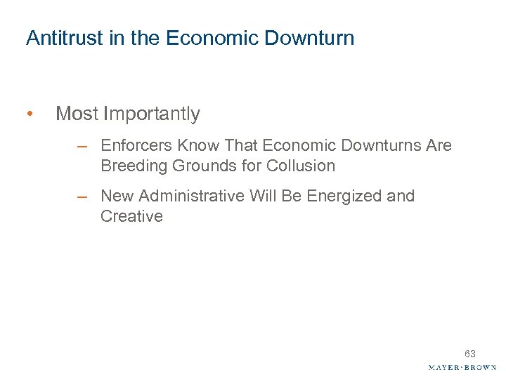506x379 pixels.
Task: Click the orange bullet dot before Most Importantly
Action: point(29,114)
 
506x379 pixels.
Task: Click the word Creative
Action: point(131,216)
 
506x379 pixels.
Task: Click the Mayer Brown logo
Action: point(462,367)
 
